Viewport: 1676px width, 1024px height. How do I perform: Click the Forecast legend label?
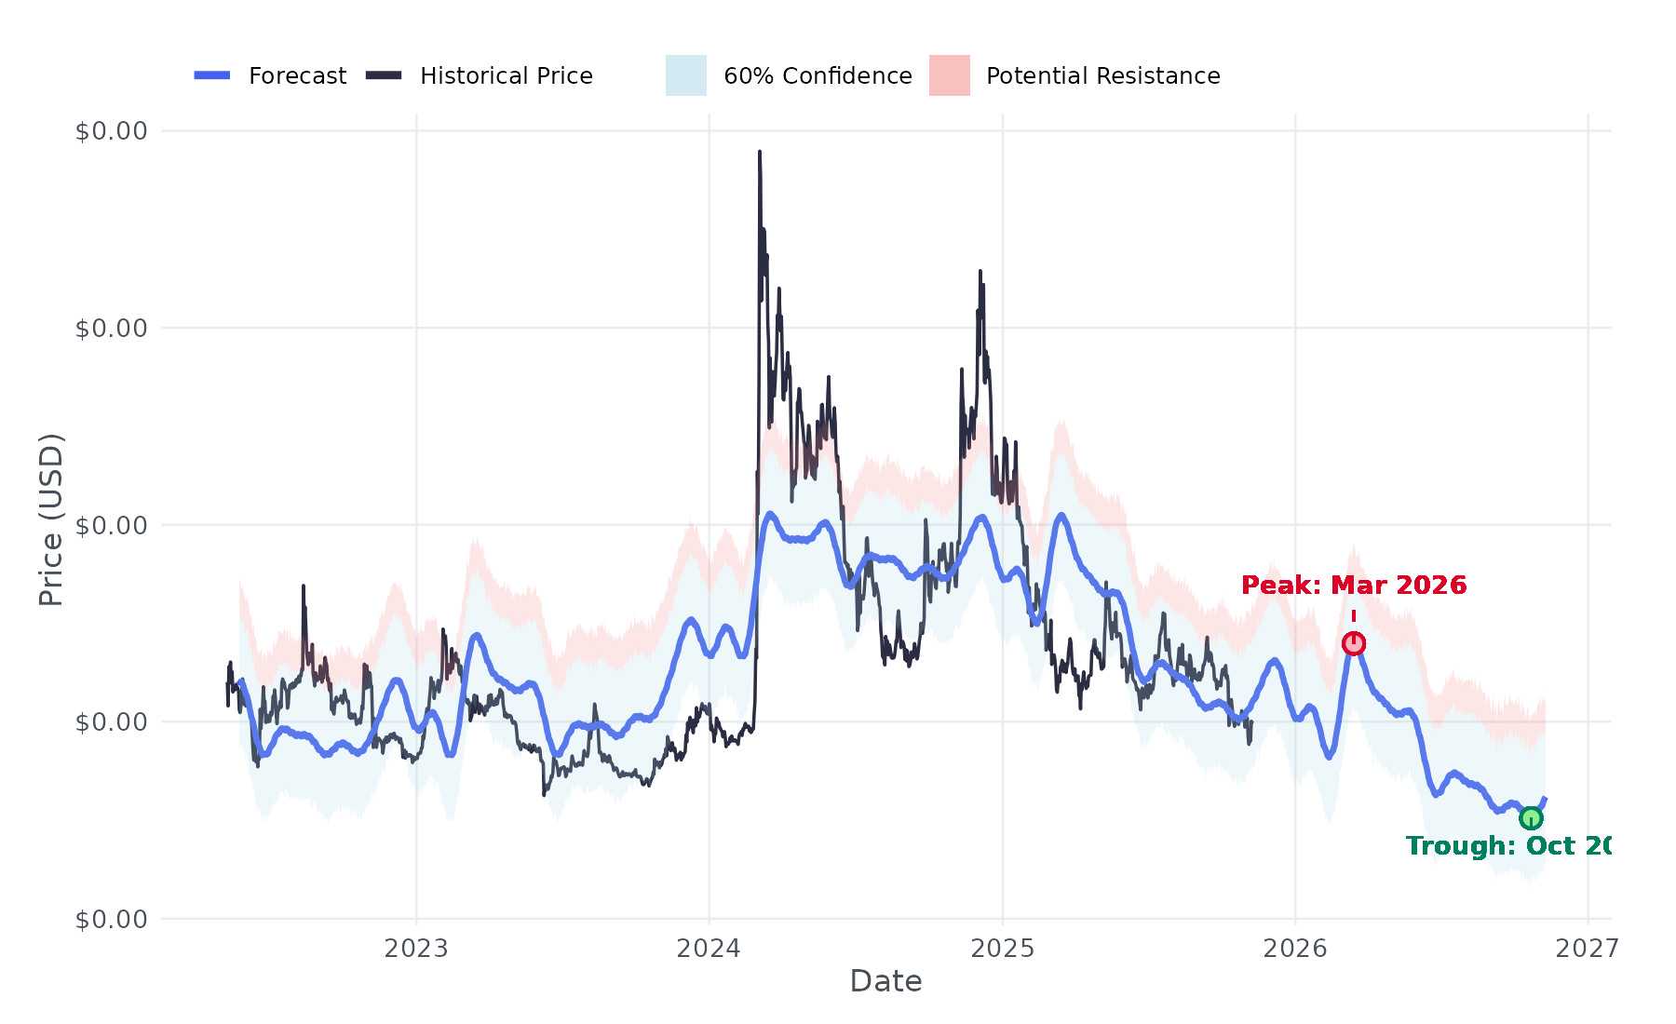click(x=297, y=76)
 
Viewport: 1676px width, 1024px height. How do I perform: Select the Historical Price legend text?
click(x=506, y=76)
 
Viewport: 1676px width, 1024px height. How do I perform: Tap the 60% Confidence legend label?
click(x=818, y=76)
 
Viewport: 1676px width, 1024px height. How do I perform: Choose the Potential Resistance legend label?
click(x=1102, y=76)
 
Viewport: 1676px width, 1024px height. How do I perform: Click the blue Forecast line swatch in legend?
click(x=212, y=75)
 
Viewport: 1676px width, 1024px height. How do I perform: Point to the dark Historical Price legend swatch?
click(x=384, y=75)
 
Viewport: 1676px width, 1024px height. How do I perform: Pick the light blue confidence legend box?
click(x=685, y=75)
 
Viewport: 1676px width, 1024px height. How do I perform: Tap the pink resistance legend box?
click(x=949, y=75)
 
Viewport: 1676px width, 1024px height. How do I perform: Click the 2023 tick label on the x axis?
click(x=416, y=949)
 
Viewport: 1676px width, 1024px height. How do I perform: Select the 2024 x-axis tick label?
click(x=709, y=949)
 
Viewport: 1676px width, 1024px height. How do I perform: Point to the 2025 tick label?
click(x=1002, y=949)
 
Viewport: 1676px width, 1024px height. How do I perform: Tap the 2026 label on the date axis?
click(x=1294, y=949)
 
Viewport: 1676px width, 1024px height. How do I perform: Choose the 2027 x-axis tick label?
click(x=1587, y=949)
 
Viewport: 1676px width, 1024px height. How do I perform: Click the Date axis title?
click(x=885, y=982)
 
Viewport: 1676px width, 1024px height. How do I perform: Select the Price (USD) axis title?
click(x=51, y=519)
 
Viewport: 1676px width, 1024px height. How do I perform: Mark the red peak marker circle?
click(x=1354, y=643)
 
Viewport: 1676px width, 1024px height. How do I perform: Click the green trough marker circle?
click(x=1531, y=818)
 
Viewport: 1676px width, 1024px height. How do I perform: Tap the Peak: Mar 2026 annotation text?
click(x=1354, y=586)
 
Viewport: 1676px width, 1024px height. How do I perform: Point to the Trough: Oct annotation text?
click(x=1507, y=846)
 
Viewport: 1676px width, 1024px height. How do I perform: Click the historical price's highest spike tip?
click(x=760, y=152)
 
